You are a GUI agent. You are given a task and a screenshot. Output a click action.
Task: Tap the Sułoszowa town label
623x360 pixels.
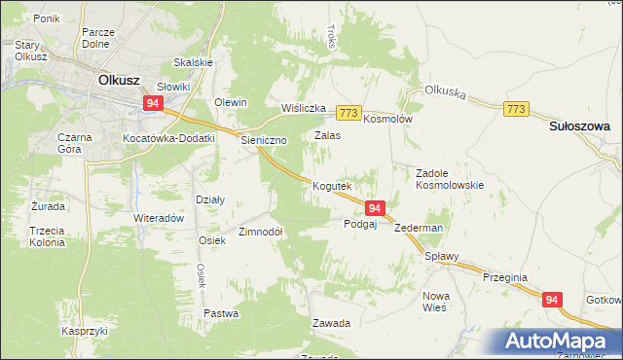coord(578,126)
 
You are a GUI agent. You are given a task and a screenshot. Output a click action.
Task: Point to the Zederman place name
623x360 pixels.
coord(419,228)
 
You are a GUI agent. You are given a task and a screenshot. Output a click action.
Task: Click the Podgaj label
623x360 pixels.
coord(360,224)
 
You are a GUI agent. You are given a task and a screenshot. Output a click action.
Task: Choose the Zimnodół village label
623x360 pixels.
coord(261,233)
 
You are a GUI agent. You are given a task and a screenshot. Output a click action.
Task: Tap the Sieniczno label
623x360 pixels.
coord(264,140)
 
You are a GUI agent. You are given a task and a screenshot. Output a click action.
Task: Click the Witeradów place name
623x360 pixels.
coord(159,218)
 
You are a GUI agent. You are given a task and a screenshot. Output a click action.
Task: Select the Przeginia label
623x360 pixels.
coord(505,277)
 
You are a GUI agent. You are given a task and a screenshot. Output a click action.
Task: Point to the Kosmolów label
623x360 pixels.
coord(388,119)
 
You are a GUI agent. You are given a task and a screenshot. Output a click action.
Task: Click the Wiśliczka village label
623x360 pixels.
coord(302,108)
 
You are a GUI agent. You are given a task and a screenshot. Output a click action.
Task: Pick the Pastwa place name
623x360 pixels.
coord(221,313)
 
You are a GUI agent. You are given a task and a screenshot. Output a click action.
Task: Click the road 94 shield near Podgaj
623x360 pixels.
coord(376,207)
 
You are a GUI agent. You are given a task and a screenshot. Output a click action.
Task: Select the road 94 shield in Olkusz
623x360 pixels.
coord(152,102)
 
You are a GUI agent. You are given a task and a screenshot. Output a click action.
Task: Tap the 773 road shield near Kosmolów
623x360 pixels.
coord(349,113)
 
